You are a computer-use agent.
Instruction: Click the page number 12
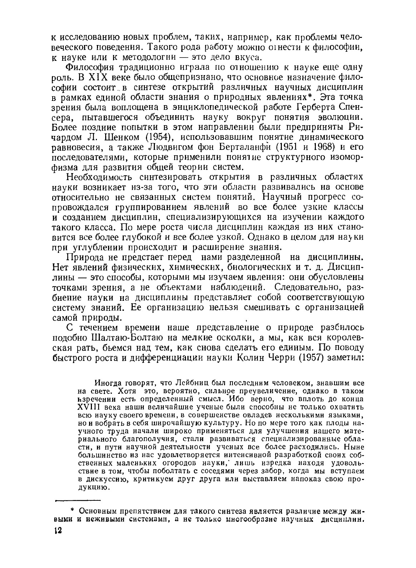tap(58, 530)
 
